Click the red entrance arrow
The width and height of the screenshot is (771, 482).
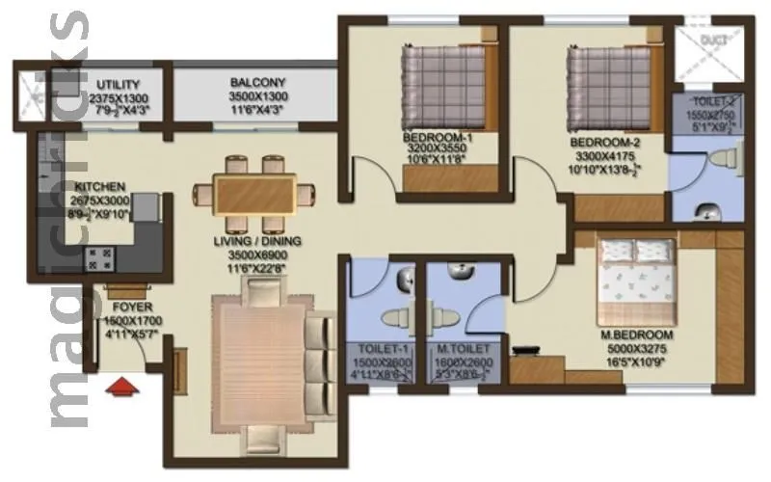click(x=120, y=388)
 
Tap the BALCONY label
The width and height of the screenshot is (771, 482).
click(x=256, y=84)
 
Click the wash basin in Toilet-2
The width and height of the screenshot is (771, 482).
click(x=708, y=210)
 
